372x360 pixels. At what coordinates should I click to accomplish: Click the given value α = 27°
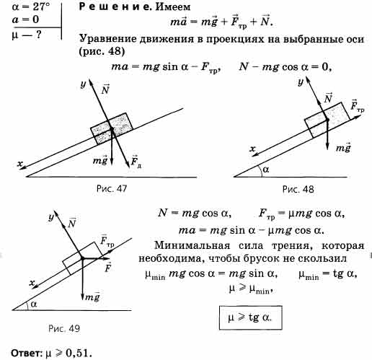[x=31, y=6]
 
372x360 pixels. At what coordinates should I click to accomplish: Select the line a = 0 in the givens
[x=25, y=19]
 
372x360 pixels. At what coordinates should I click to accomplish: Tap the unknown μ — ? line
[x=27, y=35]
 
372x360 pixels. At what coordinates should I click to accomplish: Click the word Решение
[x=115, y=6]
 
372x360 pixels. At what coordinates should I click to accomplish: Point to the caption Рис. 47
[x=112, y=188]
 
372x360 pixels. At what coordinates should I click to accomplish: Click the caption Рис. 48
[x=298, y=189]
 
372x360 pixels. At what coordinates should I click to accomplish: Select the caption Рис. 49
[x=64, y=328]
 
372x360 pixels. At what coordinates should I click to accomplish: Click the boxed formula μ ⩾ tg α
[x=250, y=317]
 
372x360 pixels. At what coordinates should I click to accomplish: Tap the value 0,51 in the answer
[x=79, y=353]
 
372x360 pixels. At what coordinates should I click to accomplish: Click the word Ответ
[x=27, y=354]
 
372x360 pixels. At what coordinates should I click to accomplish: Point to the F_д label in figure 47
[x=136, y=162]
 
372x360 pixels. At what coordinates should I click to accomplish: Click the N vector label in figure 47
[x=105, y=89]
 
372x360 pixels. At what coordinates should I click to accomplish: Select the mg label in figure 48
[x=343, y=147]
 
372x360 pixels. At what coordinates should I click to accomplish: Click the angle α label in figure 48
[x=266, y=170]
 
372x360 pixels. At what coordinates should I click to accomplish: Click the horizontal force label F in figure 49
[x=107, y=267]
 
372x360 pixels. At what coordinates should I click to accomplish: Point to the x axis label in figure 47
[x=20, y=164]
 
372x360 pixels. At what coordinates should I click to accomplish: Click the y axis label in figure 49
[x=51, y=217]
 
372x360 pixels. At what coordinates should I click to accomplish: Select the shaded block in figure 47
[x=112, y=128]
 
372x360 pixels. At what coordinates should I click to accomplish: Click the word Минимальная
[x=192, y=245]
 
